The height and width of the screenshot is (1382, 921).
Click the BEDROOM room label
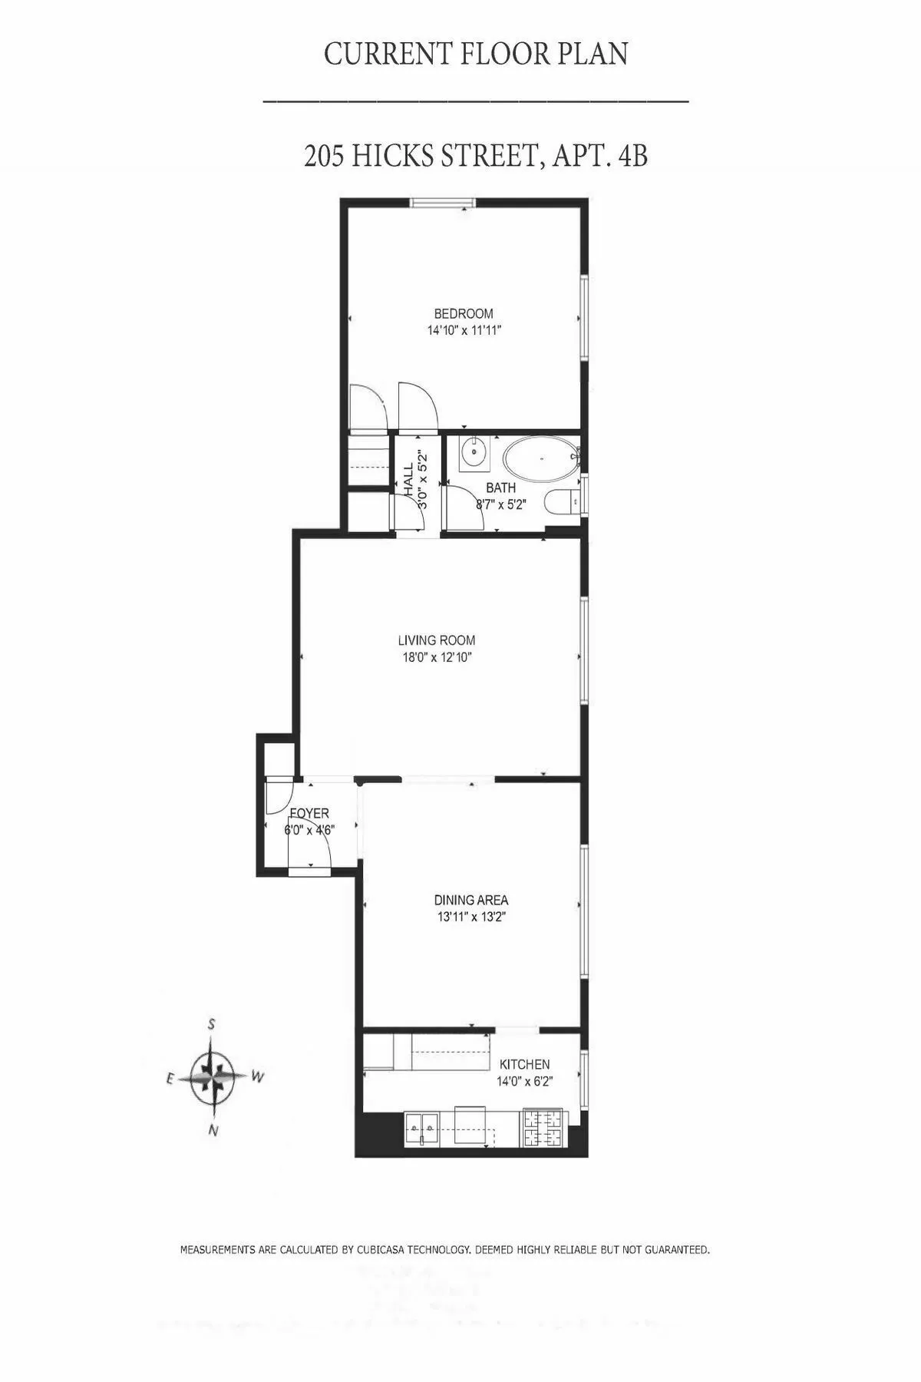tap(463, 313)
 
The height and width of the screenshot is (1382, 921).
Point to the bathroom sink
tap(475, 453)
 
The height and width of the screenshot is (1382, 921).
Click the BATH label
tap(500, 488)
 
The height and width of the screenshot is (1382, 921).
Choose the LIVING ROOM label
tap(436, 640)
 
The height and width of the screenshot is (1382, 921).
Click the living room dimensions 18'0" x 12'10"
tap(436, 657)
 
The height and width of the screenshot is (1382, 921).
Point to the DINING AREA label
tap(470, 900)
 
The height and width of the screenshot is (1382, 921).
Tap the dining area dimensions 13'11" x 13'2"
tap(470, 917)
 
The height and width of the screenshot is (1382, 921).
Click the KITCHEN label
tap(524, 1064)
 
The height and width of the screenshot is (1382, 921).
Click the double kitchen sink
tap(423, 1128)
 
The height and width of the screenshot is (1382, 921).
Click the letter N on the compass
tap(214, 1129)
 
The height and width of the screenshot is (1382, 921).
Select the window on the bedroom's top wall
tap(441, 203)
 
